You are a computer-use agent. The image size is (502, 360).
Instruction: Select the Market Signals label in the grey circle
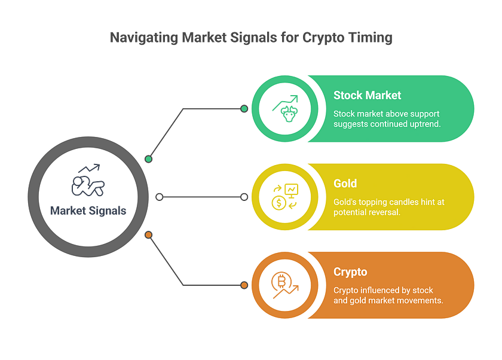click(88, 210)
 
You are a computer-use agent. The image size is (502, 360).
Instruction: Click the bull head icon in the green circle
click(289, 114)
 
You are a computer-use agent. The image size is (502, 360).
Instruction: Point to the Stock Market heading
click(367, 95)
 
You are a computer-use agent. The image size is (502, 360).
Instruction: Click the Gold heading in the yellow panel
click(345, 184)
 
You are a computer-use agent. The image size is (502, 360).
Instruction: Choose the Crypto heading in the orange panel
click(350, 272)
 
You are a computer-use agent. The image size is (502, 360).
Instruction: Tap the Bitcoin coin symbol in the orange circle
click(281, 282)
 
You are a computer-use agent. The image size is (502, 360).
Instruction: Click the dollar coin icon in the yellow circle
click(279, 203)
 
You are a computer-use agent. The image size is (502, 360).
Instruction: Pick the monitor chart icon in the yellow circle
click(292, 190)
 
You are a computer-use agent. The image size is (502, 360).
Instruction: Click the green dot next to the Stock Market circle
click(244, 109)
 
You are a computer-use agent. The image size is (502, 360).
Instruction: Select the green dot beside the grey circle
click(148, 159)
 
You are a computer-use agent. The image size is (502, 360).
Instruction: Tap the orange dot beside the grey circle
click(148, 235)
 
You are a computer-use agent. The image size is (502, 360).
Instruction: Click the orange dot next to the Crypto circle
click(244, 285)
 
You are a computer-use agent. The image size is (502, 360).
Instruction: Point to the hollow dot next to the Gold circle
click(244, 197)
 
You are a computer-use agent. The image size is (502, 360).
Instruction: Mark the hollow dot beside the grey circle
click(160, 197)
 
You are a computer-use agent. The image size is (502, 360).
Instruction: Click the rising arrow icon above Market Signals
click(89, 168)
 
